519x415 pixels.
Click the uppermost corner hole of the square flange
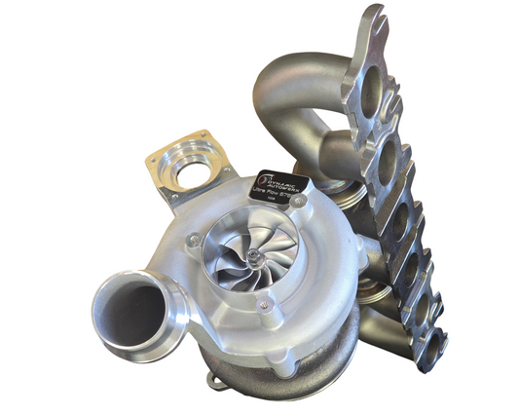click(x=204, y=134)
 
